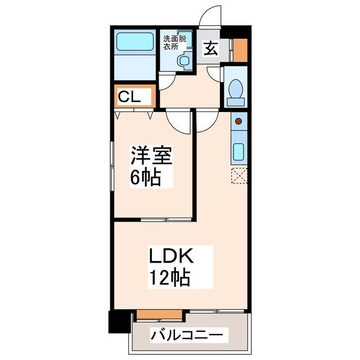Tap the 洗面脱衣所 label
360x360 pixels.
pos(174,43)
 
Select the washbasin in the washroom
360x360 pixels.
pos(183,61)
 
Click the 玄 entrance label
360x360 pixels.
pos(210,49)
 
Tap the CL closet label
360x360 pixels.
pos(134,97)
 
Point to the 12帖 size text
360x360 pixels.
pos(169,278)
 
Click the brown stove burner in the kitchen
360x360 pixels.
pos(238,120)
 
